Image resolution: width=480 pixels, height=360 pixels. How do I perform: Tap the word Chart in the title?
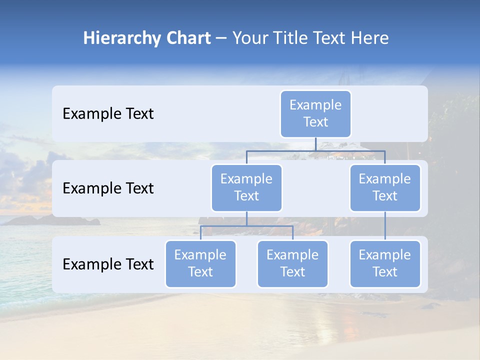pyautogui.click(x=188, y=38)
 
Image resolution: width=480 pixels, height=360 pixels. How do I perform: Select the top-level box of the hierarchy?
pyautogui.click(x=315, y=113)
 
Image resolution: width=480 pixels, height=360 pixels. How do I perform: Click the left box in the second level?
pyautogui.click(x=246, y=187)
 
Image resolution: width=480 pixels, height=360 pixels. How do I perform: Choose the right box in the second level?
pyautogui.click(x=385, y=187)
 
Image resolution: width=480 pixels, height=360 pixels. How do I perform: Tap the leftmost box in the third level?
pyautogui.click(x=200, y=263)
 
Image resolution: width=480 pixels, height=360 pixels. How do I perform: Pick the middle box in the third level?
pyautogui.click(x=292, y=263)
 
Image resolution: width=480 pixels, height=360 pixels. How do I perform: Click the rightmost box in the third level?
pyautogui.click(x=385, y=263)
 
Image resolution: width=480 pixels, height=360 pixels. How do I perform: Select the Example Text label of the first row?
pyautogui.click(x=108, y=114)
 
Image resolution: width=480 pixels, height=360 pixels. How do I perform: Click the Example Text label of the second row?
pyautogui.click(x=108, y=188)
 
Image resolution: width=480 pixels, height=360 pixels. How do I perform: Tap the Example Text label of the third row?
pyautogui.click(x=108, y=264)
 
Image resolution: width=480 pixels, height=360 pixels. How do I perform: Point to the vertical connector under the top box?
pyautogui.click(x=315, y=144)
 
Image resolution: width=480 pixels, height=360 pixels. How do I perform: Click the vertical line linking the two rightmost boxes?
pyautogui.click(x=385, y=226)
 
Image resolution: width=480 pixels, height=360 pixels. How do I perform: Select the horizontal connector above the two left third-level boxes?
pyautogui.click(x=246, y=226)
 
